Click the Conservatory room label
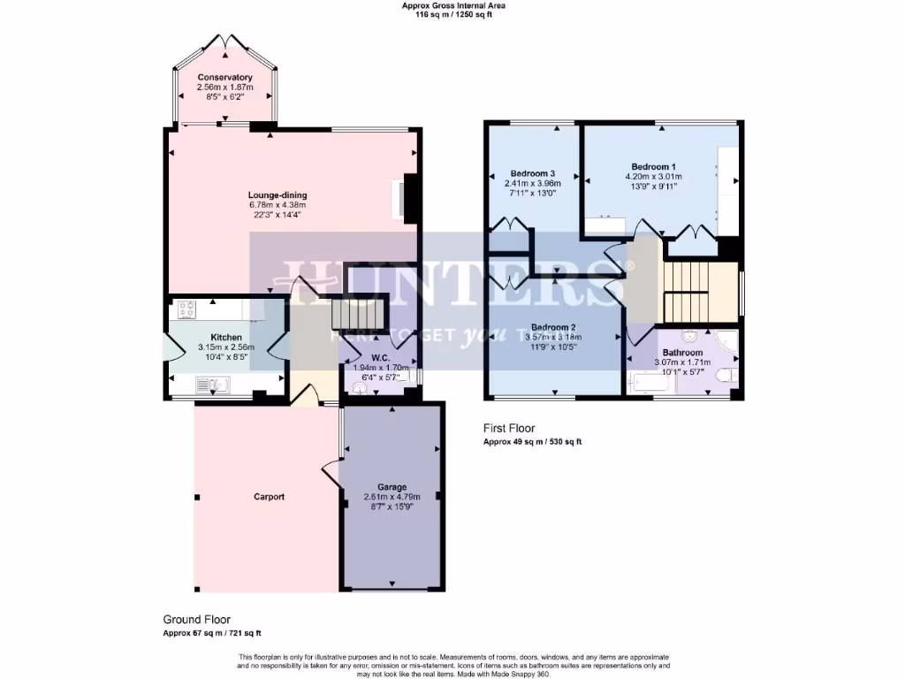point(224,78)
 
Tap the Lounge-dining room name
point(278,195)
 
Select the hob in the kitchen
point(187,309)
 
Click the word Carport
point(269,497)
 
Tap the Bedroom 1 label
point(653,166)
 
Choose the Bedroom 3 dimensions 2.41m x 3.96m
point(533,183)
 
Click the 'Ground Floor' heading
point(196,620)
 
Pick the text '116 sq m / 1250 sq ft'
point(453,14)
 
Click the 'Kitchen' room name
point(226,338)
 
